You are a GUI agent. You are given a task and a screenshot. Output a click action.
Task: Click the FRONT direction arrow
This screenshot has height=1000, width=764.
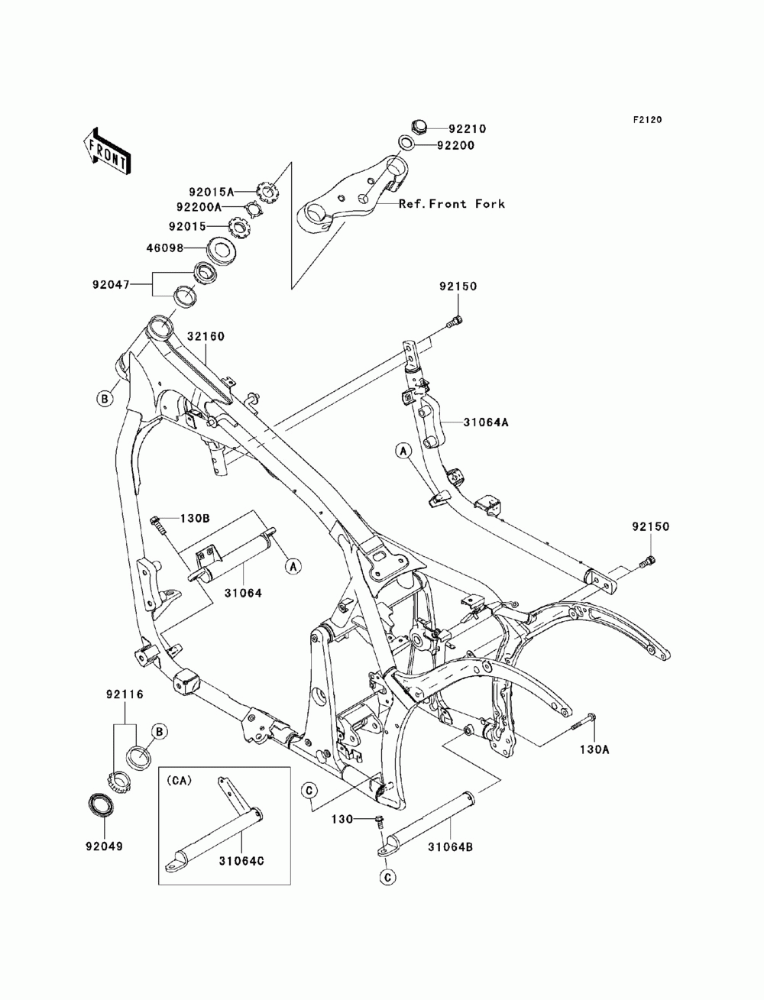pos(107,150)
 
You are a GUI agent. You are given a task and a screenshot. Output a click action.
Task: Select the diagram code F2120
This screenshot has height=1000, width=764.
pos(647,120)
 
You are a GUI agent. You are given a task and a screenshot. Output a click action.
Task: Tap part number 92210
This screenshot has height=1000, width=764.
pos(467,129)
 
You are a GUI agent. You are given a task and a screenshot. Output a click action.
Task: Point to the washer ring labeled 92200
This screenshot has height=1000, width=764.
pos(406,143)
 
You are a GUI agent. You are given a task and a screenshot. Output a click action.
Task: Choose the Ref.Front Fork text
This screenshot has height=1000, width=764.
pos(452,204)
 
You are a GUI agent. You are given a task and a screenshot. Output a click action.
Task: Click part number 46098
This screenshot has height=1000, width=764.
pos(165,248)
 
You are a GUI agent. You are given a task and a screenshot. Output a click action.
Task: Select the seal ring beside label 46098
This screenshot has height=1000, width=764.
pos(223,249)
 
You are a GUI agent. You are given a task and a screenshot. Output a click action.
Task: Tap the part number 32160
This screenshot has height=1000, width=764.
pos(206,336)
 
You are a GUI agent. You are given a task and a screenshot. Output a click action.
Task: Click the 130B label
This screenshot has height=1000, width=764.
pos(195,519)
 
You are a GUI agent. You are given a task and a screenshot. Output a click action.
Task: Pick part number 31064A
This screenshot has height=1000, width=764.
pos(486,422)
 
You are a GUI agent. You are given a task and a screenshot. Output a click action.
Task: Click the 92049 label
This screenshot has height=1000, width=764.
pos(105,846)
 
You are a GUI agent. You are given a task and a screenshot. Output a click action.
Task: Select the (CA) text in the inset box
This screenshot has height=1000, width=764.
pos(179,780)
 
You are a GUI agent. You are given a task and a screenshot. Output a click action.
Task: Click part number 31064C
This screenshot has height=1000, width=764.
pos(241,861)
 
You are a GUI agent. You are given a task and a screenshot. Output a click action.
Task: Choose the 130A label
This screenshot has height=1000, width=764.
pos(594,749)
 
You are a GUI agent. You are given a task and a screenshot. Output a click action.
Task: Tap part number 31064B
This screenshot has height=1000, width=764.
pos(450,847)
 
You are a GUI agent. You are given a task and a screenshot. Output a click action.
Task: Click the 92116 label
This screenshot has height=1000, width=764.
pos(125,694)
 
